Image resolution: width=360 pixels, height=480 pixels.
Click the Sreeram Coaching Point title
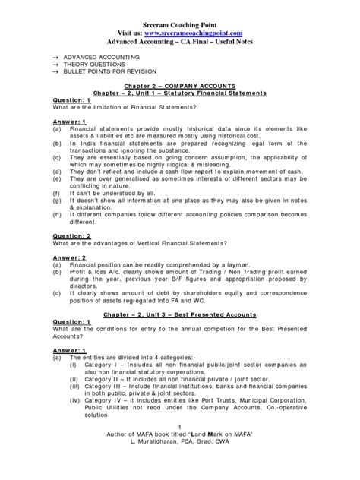pyautogui.click(x=180, y=12)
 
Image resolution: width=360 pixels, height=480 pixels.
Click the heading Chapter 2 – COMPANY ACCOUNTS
pyautogui.click(x=180, y=88)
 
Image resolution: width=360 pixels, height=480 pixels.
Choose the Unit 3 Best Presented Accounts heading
pyautogui.click(x=180, y=313)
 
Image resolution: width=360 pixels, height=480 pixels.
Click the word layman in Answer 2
pyautogui.click(x=233, y=267)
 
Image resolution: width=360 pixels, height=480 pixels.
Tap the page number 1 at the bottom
pyautogui.click(x=180, y=447)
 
